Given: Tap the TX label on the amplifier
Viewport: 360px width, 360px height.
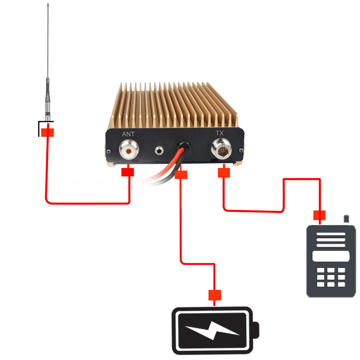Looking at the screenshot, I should [x=220, y=133].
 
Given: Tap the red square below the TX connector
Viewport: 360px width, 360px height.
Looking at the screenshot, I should [x=224, y=172].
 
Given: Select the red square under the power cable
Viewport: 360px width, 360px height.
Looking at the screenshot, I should [x=181, y=175].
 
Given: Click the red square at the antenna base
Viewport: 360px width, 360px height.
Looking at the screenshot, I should [x=48, y=132].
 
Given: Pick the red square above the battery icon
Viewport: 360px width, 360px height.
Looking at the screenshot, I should [x=215, y=295].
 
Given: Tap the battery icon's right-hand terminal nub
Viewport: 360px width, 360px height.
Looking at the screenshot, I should [x=257, y=331].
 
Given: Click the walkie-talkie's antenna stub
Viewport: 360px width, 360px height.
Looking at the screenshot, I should [x=346, y=220].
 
